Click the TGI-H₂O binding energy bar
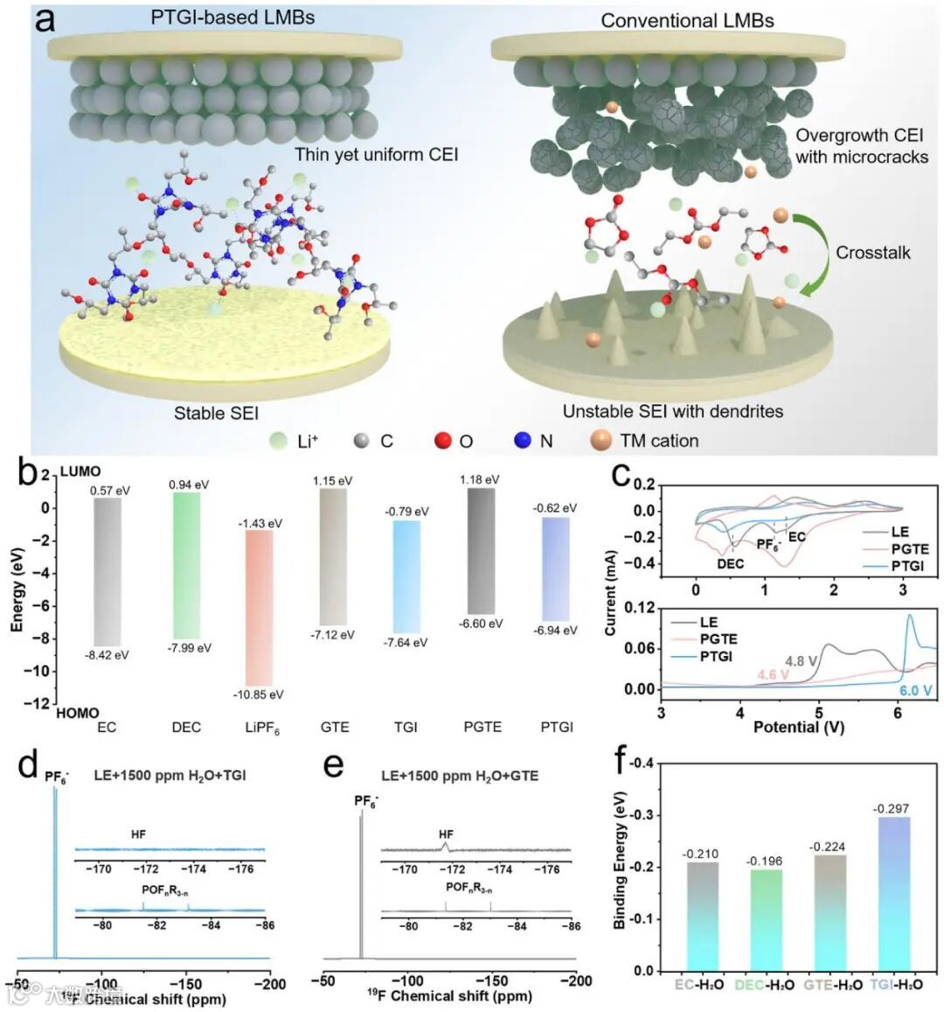pyautogui.click(x=892, y=892)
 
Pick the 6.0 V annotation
pyautogui.click(x=915, y=691)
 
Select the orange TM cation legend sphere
pyautogui.click(x=600, y=440)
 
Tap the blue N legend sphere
pyautogui.click(x=522, y=440)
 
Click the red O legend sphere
pyautogui.click(x=443, y=440)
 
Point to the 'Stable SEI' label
pyautogui.click(x=216, y=413)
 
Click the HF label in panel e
pyautogui.click(x=446, y=834)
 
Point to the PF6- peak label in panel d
pyautogui.click(x=58, y=775)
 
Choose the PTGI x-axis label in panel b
pyautogui.click(x=556, y=727)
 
